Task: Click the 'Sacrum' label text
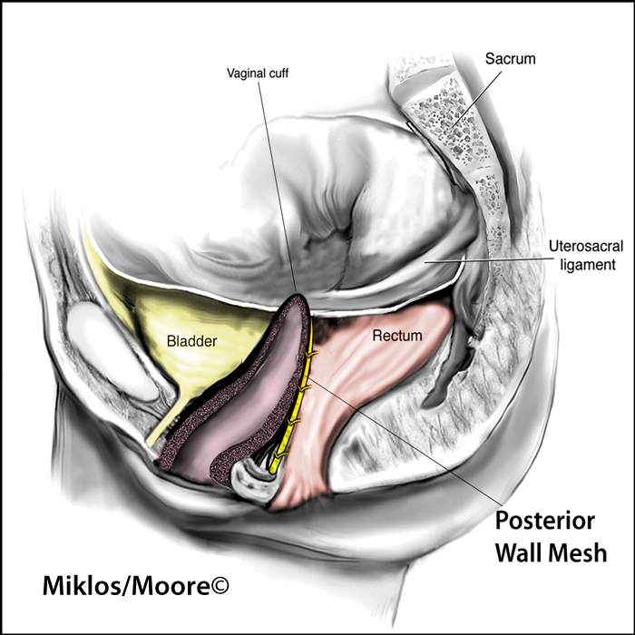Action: [x=510, y=59]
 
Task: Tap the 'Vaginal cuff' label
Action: [x=258, y=73]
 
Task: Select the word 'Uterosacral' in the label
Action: [x=586, y=246]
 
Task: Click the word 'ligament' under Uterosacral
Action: [x=588, y=265]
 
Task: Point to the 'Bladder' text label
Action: [x=192, y=341]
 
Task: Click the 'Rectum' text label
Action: [x=397, y=336]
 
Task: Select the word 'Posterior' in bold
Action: [x=545, y=521]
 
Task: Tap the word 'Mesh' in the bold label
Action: [x=580, y=552]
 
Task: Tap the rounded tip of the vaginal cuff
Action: [x=298, y=297]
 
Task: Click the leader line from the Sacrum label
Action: [x=477, y=100]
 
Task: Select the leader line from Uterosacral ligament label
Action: [x=484, y=259]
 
